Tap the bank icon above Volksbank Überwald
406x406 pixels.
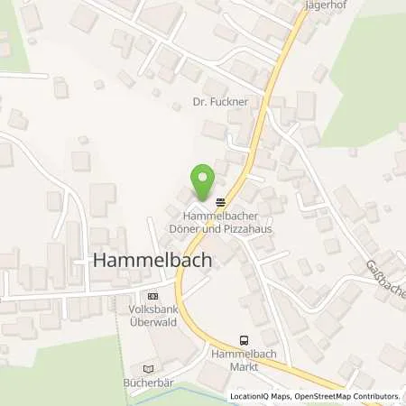coord(151,294)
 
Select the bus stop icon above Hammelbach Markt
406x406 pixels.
coord(243,340)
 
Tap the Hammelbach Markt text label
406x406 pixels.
coord(243,361)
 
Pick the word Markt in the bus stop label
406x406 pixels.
coord(243,367)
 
